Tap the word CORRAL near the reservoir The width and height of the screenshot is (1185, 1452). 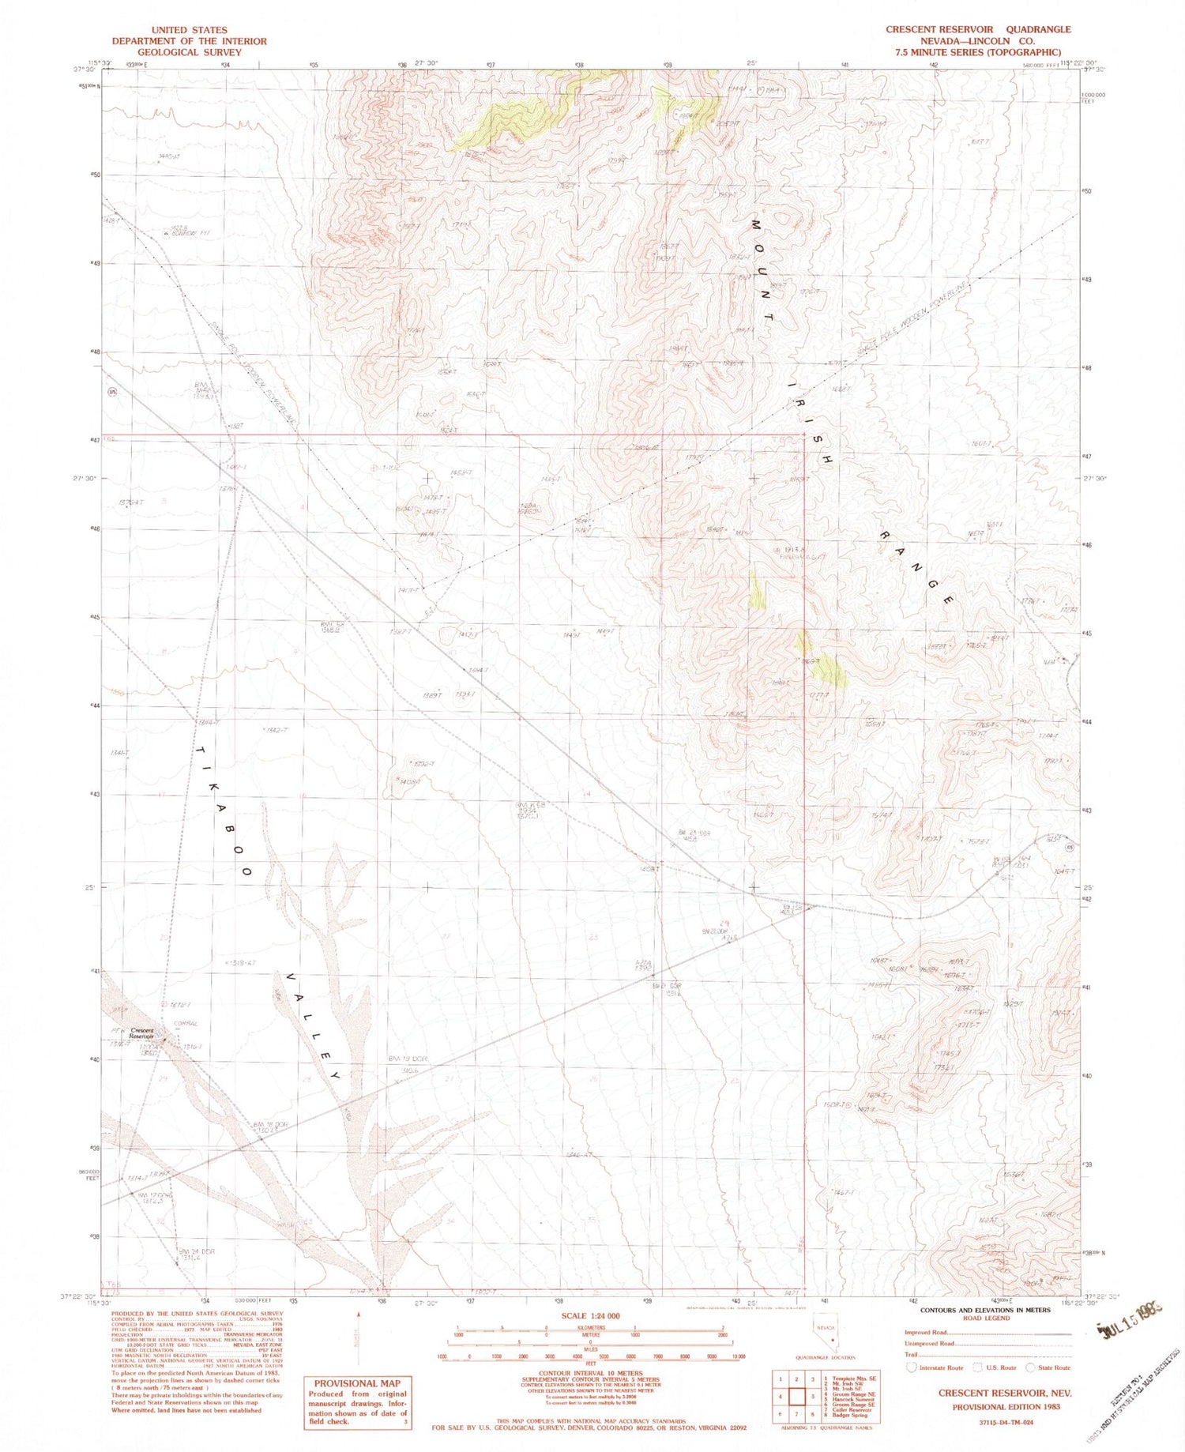coord(186,1024)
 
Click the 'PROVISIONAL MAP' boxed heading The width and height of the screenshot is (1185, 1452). coord(358,1383)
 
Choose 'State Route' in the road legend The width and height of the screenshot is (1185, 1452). coord(1052,1367)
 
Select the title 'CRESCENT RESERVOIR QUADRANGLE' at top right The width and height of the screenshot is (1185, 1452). coord(978,29)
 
